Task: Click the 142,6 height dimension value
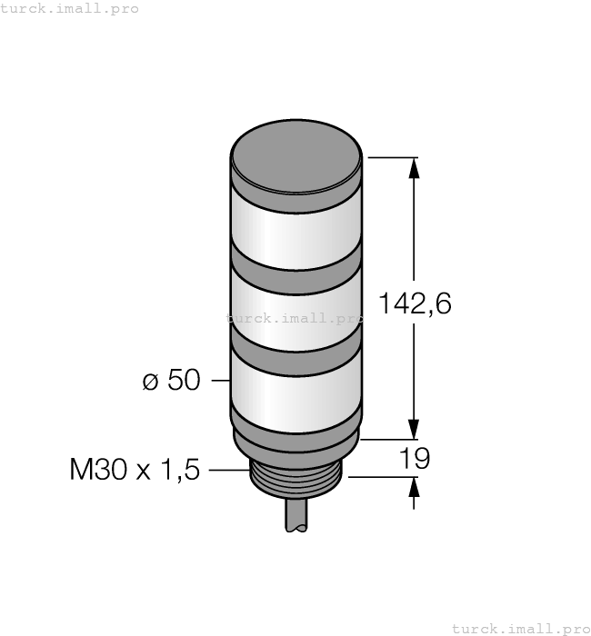click(414, 304)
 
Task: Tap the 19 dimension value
click(415, 459)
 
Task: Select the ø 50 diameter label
click(171, 381)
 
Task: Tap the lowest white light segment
click(296, 391)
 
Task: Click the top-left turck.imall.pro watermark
click(70, 8)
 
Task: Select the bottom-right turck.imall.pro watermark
click(521, 628)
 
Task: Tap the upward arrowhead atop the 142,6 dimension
click(416, 169)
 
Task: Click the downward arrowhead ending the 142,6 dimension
click(416, 427)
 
